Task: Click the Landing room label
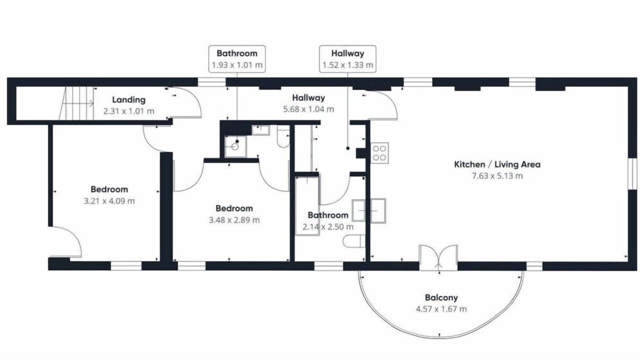[x=129, y=99]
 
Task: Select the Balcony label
[x=441, y=297]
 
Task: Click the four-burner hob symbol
[x=379, y=153]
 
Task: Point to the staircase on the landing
[x=76, y=103]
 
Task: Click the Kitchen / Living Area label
[x=497, y=164]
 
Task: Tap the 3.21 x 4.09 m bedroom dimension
[x=109, y=201]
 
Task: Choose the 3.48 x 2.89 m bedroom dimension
[x=234, y=220]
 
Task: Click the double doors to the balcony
[x=438, y=257]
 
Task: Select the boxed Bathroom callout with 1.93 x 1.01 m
[x=237, y=59]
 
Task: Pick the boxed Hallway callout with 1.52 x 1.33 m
[x=347, y=59]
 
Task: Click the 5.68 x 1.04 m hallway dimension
[x=308, y=109]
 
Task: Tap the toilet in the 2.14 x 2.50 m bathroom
[x=354, y=241]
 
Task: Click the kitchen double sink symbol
[x=369, y=211]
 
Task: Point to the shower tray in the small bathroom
[x=235, y=146]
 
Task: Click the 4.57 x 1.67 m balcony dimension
[x=441, y=309]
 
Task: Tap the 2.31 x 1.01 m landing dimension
[x=129, y=111]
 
